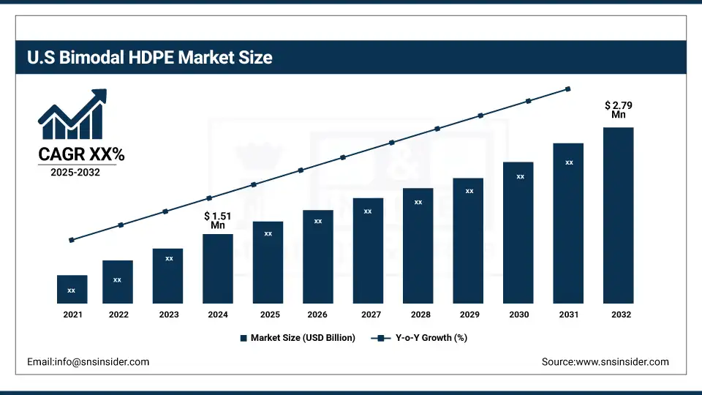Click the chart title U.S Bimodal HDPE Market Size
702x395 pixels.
coord(150,57)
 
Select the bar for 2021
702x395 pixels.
coord(72,289)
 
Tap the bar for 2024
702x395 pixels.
coord(218,268)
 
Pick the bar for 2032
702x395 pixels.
coord(618,215)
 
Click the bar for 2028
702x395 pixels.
coord(418,245)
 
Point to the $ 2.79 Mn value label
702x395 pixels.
coord(619,110)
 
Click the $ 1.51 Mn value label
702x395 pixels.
coord(218,220)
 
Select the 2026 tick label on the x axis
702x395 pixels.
coord(318,315)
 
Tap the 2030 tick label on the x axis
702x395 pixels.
coord(519,315)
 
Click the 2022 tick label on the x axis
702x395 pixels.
coord(118,315)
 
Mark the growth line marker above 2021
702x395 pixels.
coord(72,240)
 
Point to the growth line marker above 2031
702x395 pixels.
coord(568,89)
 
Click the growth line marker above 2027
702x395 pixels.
coord(392,143)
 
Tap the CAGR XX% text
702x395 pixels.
coord(81,154)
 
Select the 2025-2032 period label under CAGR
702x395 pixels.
coord(75,173)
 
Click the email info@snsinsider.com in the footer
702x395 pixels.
coord(88,361)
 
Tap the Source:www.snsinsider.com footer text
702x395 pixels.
coord(605,361)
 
